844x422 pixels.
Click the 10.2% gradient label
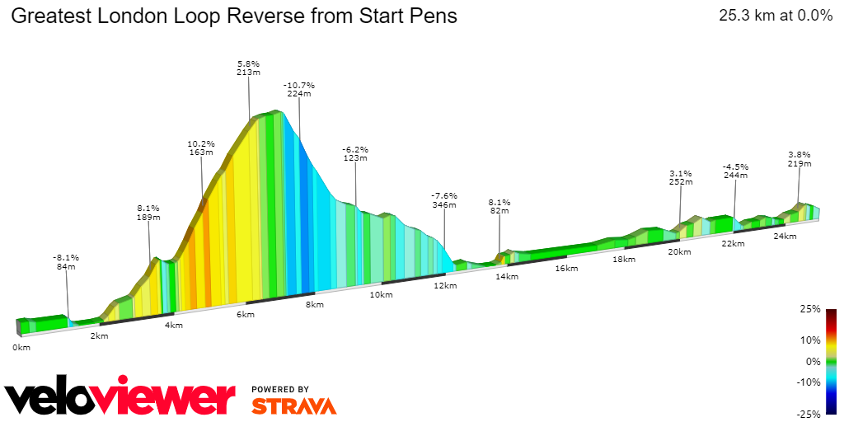[x=201, y=143]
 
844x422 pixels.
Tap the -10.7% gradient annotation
[x=298, y=85]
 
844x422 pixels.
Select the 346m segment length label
[x=444, y=204]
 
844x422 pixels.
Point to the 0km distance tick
[x=21, y=347]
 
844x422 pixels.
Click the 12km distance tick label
[x=444, y=286]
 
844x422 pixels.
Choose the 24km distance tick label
[x=785, y=237]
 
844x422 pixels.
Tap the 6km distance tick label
[x=246, y=316]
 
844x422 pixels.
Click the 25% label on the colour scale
[x=811, y=309]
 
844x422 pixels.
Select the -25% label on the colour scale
[x=809, y=414]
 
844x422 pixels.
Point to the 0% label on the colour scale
[x=814, y=361]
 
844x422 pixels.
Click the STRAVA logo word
[x=293, y=406]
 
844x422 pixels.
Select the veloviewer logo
[x=120, y=397]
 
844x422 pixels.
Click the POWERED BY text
[x=280, y=389]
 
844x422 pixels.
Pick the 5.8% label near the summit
[x=248, y=63]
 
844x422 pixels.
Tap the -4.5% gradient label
[x=735, y=166]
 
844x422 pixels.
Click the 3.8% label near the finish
[x=799, y=154]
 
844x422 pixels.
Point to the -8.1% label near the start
[x=67, y=257]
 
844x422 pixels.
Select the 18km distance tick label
[x=624, y=260]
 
